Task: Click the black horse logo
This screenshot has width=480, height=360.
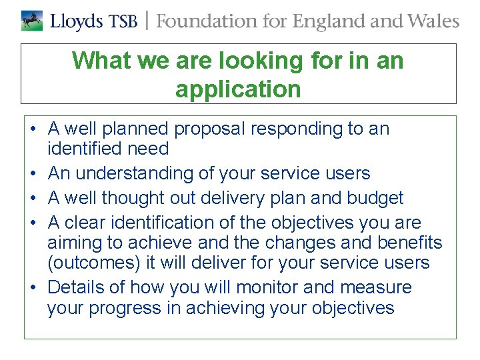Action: [31, 21]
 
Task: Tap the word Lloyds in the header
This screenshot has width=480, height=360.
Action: [77, 21]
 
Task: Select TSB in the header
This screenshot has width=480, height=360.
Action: [125, 21]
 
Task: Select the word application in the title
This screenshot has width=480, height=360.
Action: [238, 89]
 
